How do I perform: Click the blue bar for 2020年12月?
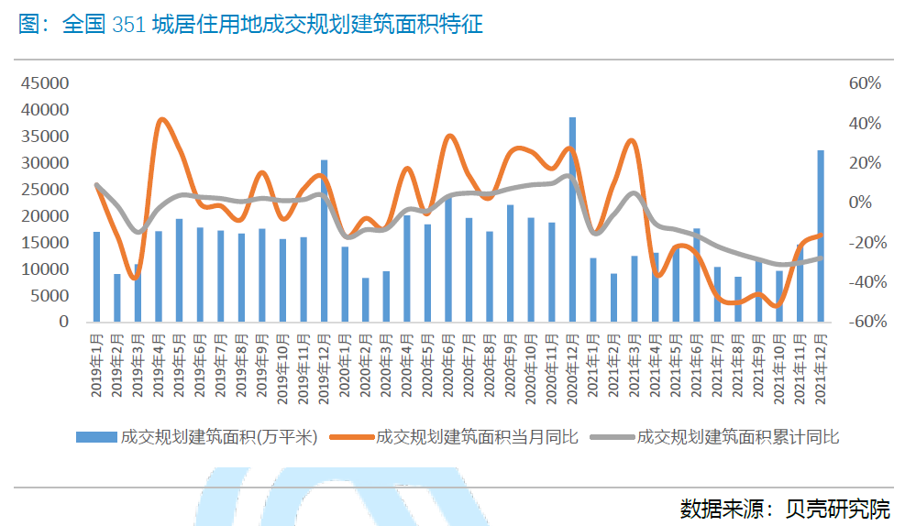click(x=572, y=220)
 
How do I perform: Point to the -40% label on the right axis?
click(x=865, y=282)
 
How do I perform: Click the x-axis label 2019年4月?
click(x=159, y=363)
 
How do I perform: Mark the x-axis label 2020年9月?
click(x=511, y=363)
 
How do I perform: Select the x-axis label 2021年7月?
click(x=718, y=363)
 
